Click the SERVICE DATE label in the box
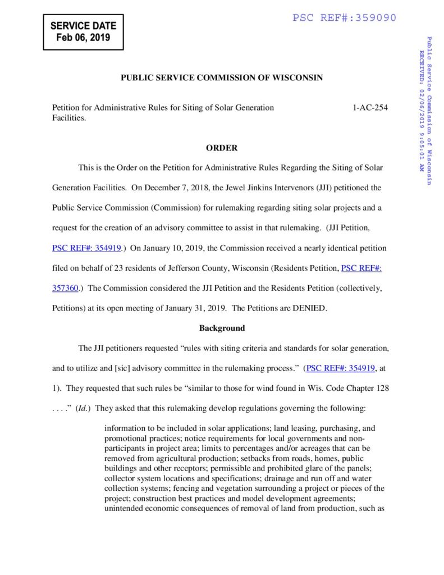[x=83, y=26]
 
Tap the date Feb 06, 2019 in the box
[x=83, y=38]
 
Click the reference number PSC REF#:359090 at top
[x=344, y=18]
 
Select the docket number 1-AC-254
[x=370, y=107]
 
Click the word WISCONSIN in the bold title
[x=298, y=78]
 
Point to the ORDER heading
[x=222, y=148]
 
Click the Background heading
[x=222, y=328]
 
